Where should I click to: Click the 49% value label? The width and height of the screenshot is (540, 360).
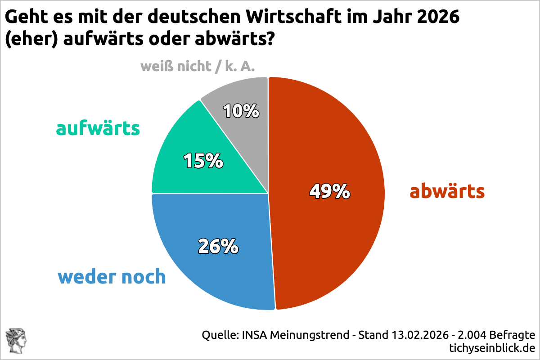tap(329, 192)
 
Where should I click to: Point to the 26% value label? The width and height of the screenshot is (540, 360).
tap(218, 246)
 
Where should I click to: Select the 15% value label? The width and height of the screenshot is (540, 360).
tap(203, 161)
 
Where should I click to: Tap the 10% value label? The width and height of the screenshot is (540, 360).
tap(241, 111)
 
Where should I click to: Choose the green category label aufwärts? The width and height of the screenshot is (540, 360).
tap(98, 129)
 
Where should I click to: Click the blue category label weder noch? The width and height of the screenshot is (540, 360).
tap(112, 277)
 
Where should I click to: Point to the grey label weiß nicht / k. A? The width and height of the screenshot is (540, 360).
tap(198, 67)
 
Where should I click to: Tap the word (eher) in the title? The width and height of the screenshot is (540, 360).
tap(31, 40)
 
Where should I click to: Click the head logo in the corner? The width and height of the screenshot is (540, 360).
tap(16, 340)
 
